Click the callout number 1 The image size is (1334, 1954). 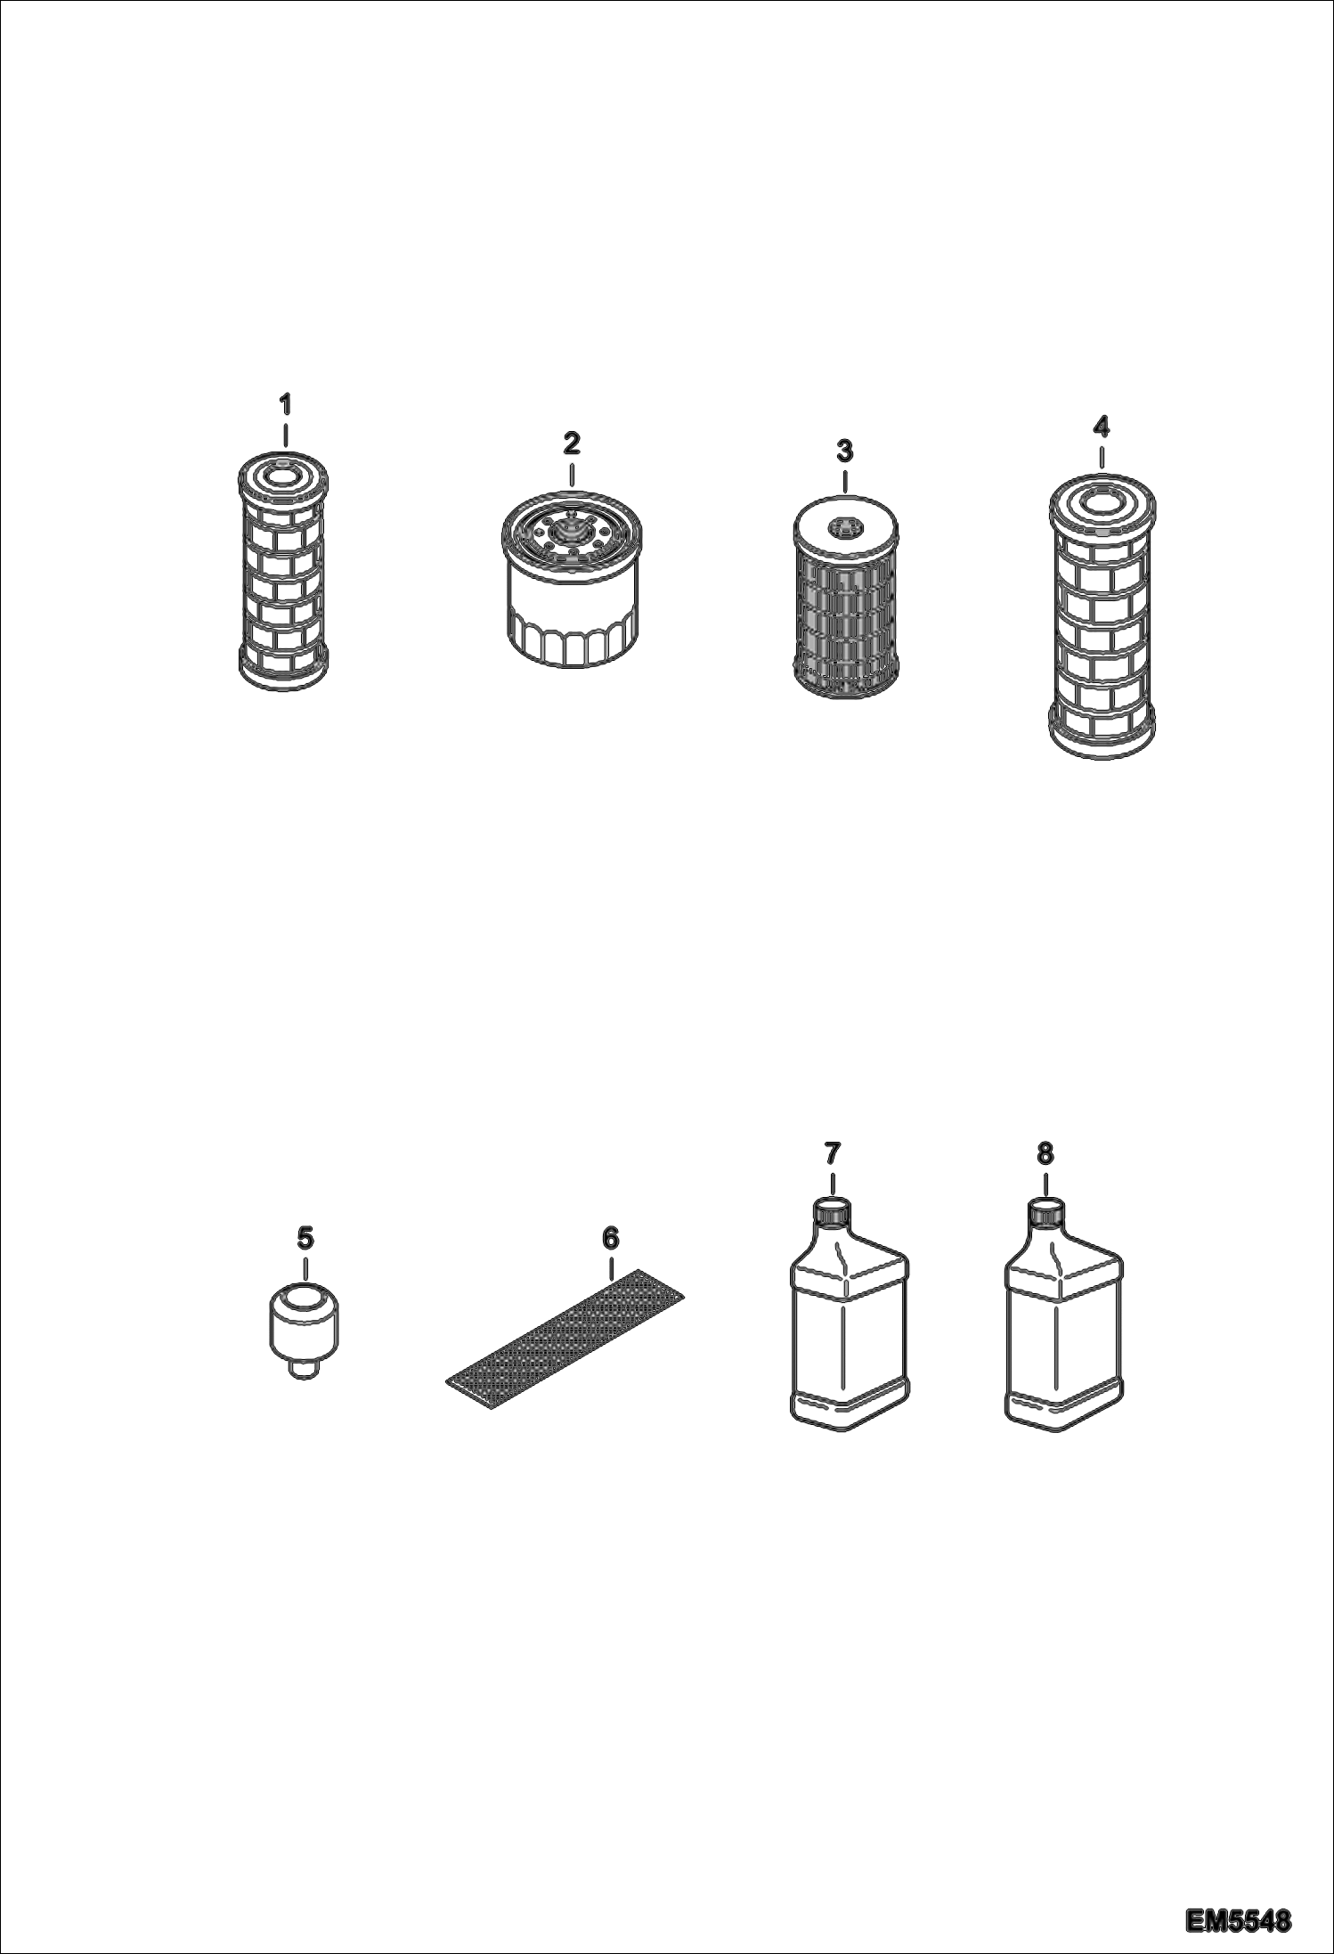[285, 405]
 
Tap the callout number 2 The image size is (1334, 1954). [571, 443]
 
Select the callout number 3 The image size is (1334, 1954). [844, 452]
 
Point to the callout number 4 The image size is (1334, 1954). [1102, 427]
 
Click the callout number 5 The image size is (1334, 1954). [305, 1237]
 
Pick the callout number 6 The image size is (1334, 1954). [610, 1238]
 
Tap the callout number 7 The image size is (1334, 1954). [831, 1153]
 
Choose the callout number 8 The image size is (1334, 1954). [1045, 1153]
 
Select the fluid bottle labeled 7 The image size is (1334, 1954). [849, 1314]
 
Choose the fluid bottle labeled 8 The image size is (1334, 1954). [1063, 1314]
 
